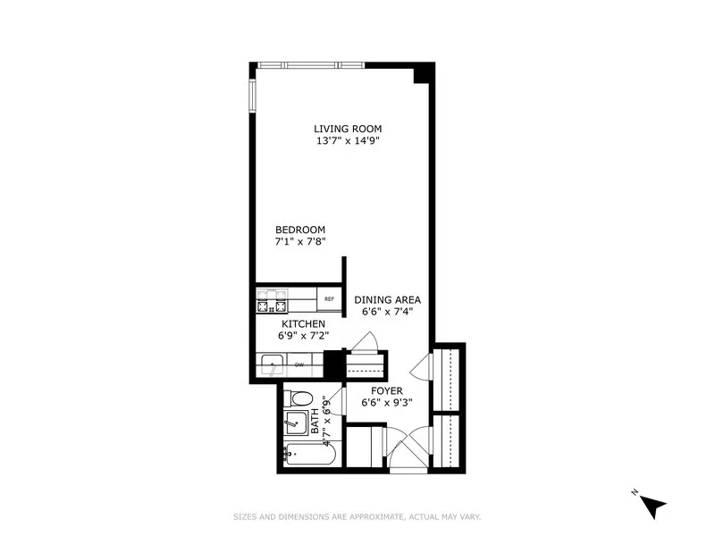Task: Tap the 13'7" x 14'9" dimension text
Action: pyautogui.click(x=354, y=141)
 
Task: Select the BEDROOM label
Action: pyautogui.click(x=300, y=230)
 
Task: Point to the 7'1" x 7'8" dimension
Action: pyautogui.click(x=300, y=242)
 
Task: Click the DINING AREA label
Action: pyautogui.click(x=387, y=300)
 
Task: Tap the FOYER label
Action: pyautogui.click(x=386, y=391)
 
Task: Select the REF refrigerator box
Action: pyautogui.click(x=329, y=299)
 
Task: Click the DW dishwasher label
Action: pyautogui.click(x=299, y=364)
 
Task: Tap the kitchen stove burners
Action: pyautogui.click(x=272, y=301)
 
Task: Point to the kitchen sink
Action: pyautogui.click(x=271, y=364)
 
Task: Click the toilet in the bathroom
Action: pyautogui.click(x=299, y=398)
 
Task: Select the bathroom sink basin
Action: pyautogui.click(x=295, y=421)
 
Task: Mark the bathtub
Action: pyautogui.click(x=309, y=455)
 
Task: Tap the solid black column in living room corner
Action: pyautogui.click(x=421, y=74)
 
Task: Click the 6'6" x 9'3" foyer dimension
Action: pyautogui.click(x=386, y=403)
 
